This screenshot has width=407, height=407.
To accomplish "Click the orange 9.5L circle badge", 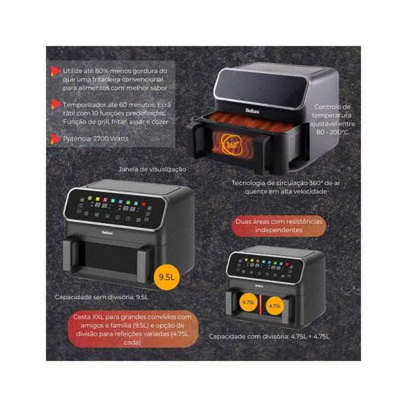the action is pos(167,277).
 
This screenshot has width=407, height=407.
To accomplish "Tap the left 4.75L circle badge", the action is pos(249,302).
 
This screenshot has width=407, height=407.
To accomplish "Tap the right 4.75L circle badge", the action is pos(275,306).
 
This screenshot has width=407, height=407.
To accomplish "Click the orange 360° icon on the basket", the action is pos(232,145).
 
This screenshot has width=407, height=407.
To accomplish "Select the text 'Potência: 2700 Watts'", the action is pos(96,138).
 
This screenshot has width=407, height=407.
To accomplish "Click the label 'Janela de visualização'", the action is pos(152,169).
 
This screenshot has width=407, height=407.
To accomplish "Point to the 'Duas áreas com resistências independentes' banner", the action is pos(279,226).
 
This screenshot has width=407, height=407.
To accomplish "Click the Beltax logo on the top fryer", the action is pos(252,111).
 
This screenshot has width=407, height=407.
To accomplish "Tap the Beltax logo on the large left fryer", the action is pos(107,233).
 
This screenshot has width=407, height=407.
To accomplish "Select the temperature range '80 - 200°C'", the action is pos(332,132).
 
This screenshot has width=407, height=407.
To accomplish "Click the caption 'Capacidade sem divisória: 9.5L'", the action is pos(102,297).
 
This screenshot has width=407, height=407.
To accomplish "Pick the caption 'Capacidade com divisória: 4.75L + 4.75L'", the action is pos(269,336).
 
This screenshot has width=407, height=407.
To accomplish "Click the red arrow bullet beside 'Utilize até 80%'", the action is pos(55,71).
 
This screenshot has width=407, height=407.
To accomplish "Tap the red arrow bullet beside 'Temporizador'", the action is pos(55,104).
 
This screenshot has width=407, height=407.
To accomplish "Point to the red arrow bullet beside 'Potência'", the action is pos(55,139).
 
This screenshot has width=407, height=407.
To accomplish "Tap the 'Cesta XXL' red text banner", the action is pos(132,330).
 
